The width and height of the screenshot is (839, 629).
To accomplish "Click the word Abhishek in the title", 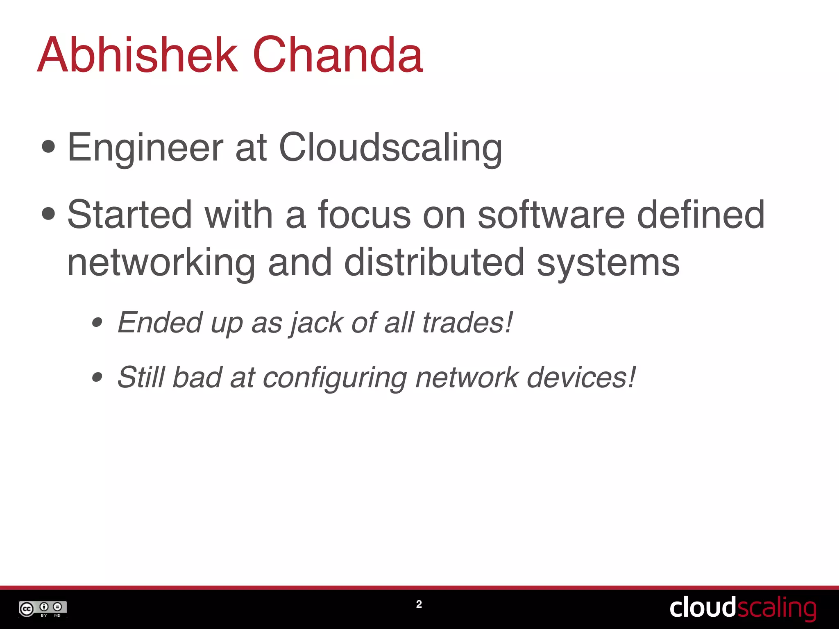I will [x=138, y=55].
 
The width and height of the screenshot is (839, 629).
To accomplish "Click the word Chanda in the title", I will [x=338, y=55].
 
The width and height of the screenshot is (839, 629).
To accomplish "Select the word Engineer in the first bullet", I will [x=145, y=148].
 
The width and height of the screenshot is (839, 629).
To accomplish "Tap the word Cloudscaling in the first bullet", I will [x=390, y=148].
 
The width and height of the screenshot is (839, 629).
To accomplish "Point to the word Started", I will [x=129, y=215].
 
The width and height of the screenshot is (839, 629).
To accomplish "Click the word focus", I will [x=364, y=215].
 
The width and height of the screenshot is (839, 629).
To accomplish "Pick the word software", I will [x=551, y=215].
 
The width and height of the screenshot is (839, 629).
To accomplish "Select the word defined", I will [x=701, y=215].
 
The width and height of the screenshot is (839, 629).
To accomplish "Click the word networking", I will [x=161, y=263].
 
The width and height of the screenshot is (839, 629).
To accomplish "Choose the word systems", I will [x=608, y=263].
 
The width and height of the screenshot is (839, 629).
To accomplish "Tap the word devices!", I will [x=581, y=377].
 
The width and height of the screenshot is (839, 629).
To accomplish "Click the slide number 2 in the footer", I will [x=419, y=604].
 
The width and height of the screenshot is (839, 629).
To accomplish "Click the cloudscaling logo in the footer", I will [x=743, y=608].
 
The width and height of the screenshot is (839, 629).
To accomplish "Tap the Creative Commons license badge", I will [x=43, y=609].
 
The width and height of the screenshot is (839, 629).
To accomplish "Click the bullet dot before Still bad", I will [x=97, y=377].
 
